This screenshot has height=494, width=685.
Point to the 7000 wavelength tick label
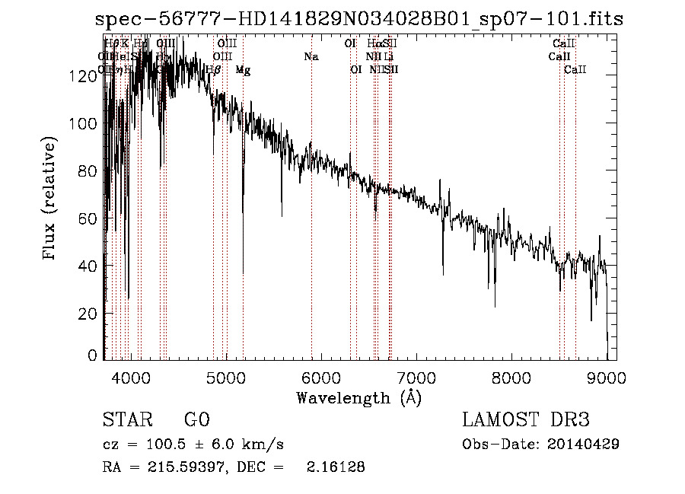[x=416, y=378]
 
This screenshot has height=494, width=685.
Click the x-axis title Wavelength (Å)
[x=358, y=397]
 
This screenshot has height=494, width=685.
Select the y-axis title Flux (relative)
[x=50, y=200]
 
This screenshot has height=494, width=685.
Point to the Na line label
[x=311, y=56]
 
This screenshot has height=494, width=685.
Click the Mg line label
[x=243, y=70]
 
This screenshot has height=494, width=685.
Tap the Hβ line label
[x=214, y=70]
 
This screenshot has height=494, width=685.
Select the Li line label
[x=388, y=56]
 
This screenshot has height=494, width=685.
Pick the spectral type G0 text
[x=196, y=420]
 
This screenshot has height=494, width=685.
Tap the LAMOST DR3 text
[x=526, y=420]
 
